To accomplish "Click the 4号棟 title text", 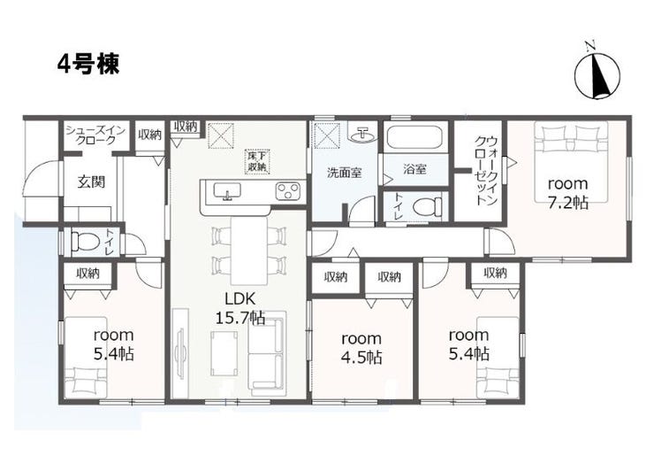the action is (x=88, y=65).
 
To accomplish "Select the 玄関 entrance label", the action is (x=91, y=181).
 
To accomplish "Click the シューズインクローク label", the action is (x=96, y=135).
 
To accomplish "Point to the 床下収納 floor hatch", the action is (x=258, y=161).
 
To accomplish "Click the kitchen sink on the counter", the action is (x=227, y=191).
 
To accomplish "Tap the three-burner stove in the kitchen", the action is (x=288, y=191).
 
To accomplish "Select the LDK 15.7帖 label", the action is (x=240, y=308).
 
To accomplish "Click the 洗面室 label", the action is (x=344, y=172).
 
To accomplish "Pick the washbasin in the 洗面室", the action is (x=363, y=134).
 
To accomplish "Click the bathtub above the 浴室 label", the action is (x=414, y=136).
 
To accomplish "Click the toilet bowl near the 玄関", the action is (x=85, y=242).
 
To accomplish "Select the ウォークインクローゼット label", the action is (x=486, y=171).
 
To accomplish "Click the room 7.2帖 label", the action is (x=568, y=193).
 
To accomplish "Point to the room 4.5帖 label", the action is (x=361, y=347).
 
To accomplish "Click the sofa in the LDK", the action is (x=266, y=354).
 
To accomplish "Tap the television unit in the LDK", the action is (x=180, y=353).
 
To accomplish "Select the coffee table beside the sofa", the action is (x=224, y=353).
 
